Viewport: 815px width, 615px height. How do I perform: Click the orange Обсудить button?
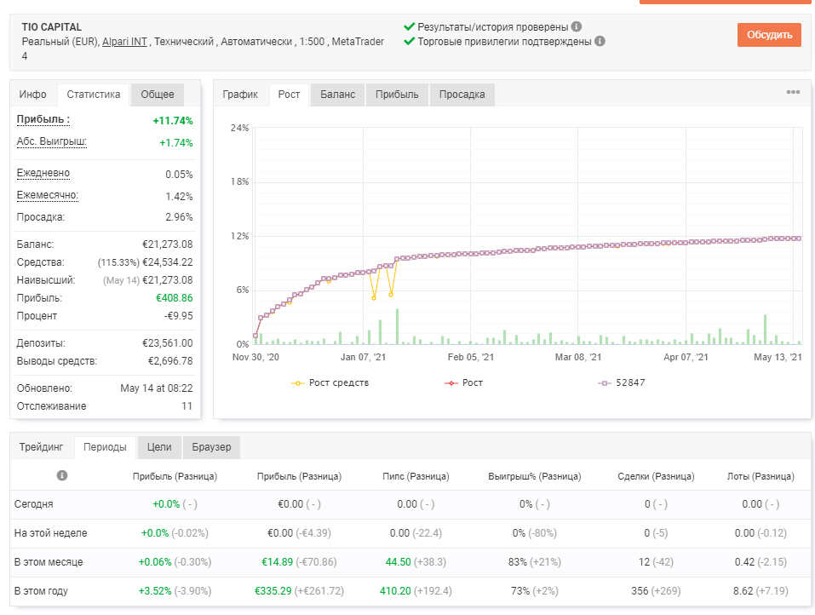(x=769, y=35)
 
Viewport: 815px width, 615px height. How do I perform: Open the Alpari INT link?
(x=124, y=42)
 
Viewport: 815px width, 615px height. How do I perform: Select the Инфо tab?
(x=32, y=95)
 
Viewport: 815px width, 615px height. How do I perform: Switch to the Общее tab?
(x=157, y=95)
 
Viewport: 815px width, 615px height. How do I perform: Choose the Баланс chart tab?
(x=337, y=95)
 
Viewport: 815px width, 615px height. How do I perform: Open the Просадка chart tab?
(x=462, y=95)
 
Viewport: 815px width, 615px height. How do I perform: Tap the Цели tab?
(x=159, y=447)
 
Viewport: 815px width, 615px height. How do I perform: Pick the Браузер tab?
(x=211, y=447)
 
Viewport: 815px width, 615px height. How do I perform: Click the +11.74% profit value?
(x=173, y=121)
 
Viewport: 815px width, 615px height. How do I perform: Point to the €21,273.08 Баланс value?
(x=168, y=244)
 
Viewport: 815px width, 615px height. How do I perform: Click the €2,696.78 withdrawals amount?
(x=170, y=361)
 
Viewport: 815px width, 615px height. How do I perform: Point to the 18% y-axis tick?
(x=239, y=182)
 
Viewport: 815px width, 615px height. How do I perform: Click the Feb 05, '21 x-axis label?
(x=471, y=357)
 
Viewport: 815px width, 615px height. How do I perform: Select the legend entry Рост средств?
(x=330, y=382)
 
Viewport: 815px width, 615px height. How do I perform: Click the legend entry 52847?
(x=622, y=382)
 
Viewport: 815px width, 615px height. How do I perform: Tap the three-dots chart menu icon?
(x=793, y=92)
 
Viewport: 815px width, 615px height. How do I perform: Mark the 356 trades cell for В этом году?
(x=640, y=591)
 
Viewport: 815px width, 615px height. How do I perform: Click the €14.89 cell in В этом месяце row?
(x=277, y=562)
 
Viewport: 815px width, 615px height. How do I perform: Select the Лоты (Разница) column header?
(x=760, y=476)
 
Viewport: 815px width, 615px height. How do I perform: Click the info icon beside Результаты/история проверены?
(x=577, y=26)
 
